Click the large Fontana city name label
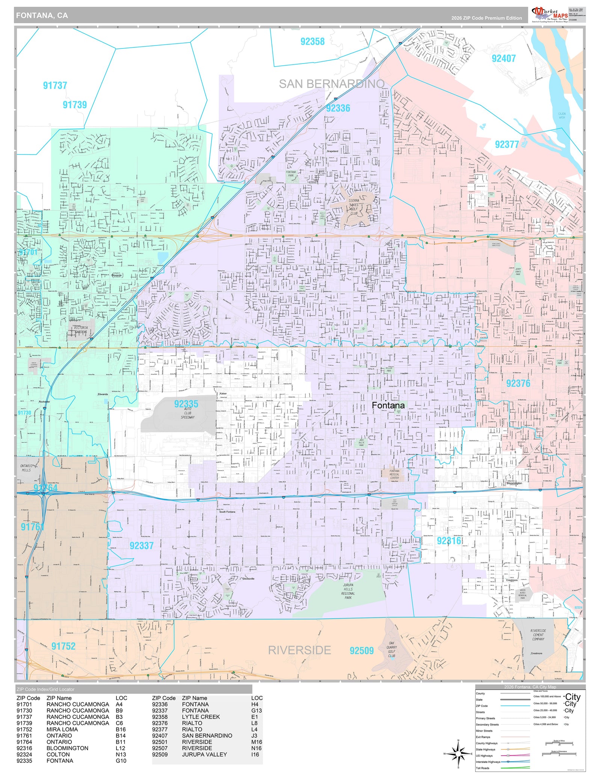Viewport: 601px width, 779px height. click(x=388, y=405)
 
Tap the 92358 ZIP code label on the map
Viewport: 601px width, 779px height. click(x=312, y=42)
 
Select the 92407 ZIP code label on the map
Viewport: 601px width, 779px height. click(x=503, y=59)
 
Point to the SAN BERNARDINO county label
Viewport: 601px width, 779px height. click(x=331, y=84)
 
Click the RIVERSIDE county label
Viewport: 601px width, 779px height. click(x=299, y=650)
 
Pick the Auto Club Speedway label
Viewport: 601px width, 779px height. click(x=187, y=413)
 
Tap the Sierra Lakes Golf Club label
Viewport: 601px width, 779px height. click(x=354, y=207)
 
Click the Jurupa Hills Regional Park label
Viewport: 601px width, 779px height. click(x=348, y=591)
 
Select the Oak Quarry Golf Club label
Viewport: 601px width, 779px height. click(x=391, y=649)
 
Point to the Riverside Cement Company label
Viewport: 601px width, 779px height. click(x=538, y=635)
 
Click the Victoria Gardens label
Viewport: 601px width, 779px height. click(x=81, y=330)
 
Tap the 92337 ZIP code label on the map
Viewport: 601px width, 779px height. click(x=142, y=545)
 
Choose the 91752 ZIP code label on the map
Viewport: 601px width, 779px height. click(x=63, y=646)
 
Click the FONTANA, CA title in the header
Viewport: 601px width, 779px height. click(x=42, y=16)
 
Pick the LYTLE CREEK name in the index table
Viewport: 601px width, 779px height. click(x=201, y=717)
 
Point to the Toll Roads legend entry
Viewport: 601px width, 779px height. click(x=483, y=768)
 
